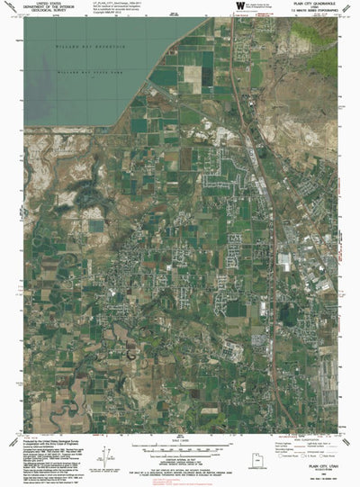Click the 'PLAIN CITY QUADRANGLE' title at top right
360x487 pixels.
tap(307, 5)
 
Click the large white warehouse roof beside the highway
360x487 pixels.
tap(285, 261)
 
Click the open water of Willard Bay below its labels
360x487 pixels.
tap(72, 99)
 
